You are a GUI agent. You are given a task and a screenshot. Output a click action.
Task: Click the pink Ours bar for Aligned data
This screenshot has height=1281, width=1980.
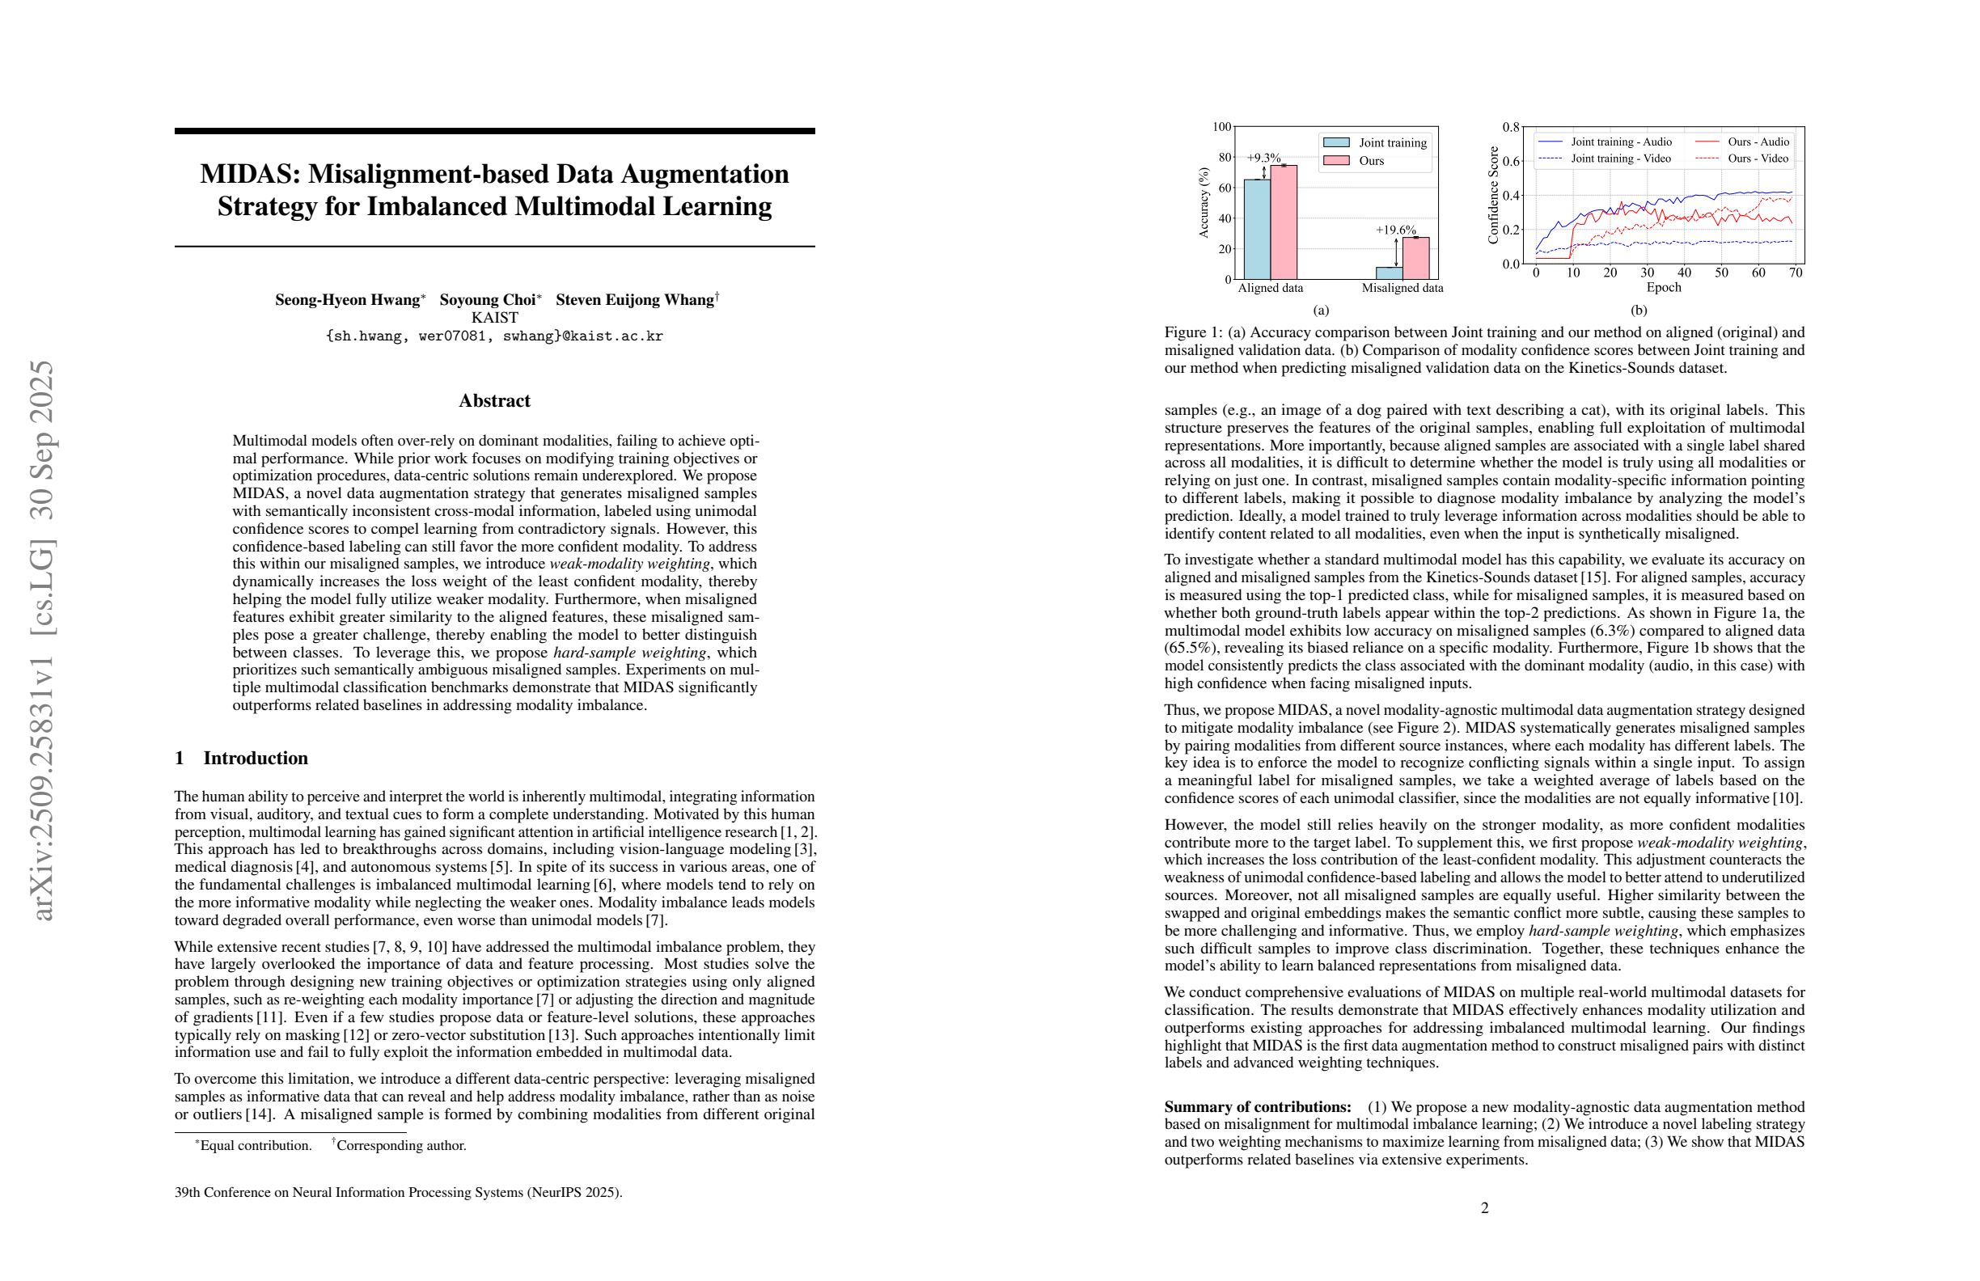pos(1284,223)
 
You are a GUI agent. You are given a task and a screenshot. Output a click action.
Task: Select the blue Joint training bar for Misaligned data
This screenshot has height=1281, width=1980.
pos(1389,273)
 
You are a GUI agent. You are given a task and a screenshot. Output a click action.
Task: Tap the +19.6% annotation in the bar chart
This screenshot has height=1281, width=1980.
pos(1395,230)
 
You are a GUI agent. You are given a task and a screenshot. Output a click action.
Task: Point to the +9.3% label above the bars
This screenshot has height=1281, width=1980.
pos(1263,157)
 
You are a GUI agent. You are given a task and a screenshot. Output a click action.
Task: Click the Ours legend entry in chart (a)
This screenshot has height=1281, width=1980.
pos(1371,161)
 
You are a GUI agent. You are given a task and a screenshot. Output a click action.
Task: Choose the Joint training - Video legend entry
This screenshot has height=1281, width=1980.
pos(1620,158)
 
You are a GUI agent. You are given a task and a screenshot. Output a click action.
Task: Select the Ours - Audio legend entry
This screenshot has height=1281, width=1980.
pos(1758,142)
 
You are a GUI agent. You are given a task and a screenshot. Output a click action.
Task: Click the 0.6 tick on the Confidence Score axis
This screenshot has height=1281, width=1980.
pos(1511,162)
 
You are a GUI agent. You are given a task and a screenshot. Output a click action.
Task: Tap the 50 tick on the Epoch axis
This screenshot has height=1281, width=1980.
pos(1721,273)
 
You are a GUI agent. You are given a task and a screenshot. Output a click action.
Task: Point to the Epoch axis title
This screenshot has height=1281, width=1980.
pos(1664,288)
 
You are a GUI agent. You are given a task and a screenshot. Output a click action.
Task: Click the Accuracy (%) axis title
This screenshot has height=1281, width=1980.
pos(1203,203)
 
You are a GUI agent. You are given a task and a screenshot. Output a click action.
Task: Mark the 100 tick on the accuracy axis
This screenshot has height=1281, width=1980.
pos(1221,127)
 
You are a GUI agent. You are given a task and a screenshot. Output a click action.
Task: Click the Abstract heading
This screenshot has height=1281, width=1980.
pos(494,401)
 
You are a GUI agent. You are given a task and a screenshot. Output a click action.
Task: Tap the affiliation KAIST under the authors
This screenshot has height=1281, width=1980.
pos(494,318)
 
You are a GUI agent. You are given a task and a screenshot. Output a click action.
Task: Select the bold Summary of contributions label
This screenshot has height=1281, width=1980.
pos(1257,1107)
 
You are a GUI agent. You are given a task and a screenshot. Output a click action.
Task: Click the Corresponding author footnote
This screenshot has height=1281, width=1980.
pos(401,1145)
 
